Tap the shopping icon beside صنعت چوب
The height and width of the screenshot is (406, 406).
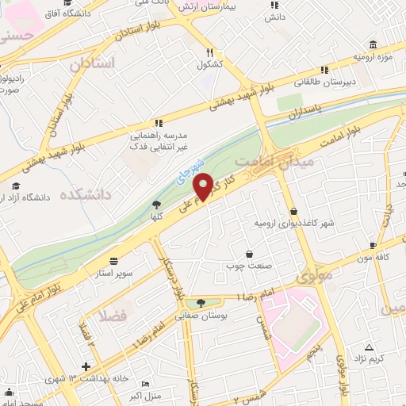tap(251, 255)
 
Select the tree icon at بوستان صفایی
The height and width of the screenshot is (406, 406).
tap(200, 302)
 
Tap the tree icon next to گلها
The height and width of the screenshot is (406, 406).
tap(155, 205)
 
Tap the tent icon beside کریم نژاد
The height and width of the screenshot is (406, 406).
tap(369, 347)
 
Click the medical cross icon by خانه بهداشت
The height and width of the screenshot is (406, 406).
tap(86, 367)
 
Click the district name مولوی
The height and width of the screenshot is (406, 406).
tap(311, 278)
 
